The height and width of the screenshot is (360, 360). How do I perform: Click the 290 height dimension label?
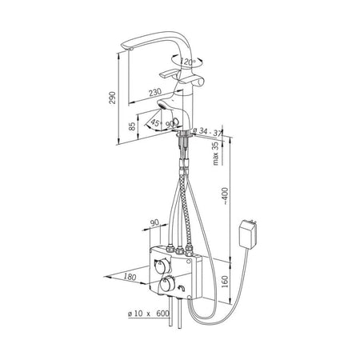(113, 98)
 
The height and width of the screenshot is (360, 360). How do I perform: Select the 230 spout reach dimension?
(155, 92)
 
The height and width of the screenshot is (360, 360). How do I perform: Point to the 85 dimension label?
(132, 126)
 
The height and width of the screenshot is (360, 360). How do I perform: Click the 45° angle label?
(156, 123)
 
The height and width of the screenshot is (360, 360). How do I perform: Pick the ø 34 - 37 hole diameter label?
(207, 132)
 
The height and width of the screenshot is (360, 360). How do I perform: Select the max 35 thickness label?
(215, 154)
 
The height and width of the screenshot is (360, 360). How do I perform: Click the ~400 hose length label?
(226, 196)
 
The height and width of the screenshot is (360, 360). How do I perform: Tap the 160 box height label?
(226, 282)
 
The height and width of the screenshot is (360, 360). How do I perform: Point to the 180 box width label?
(130, 277)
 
